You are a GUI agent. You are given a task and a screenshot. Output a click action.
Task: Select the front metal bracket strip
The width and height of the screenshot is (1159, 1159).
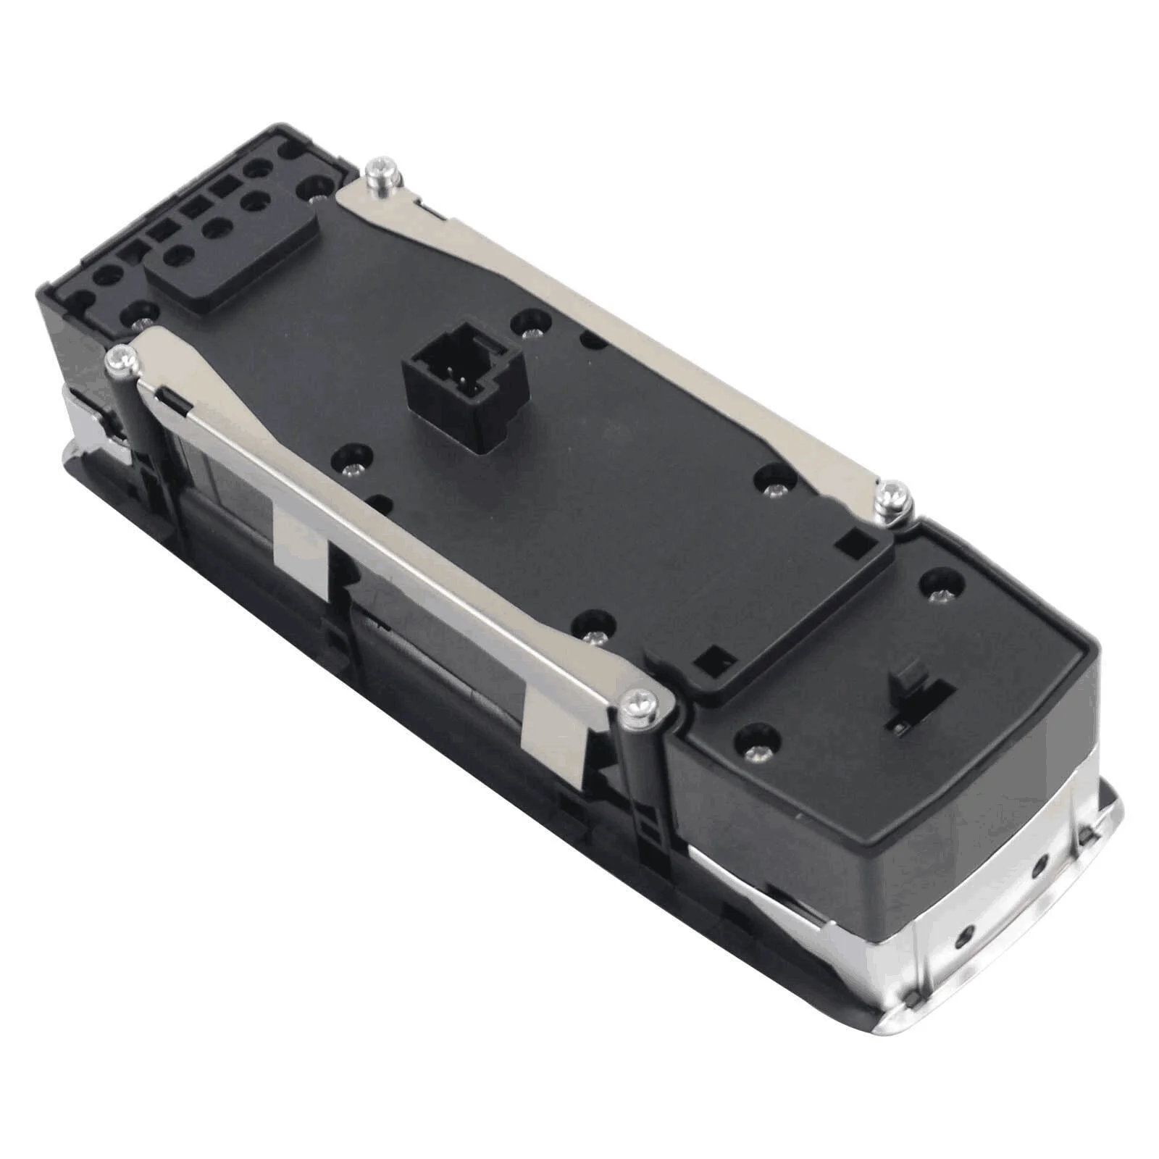tap(377, 507)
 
